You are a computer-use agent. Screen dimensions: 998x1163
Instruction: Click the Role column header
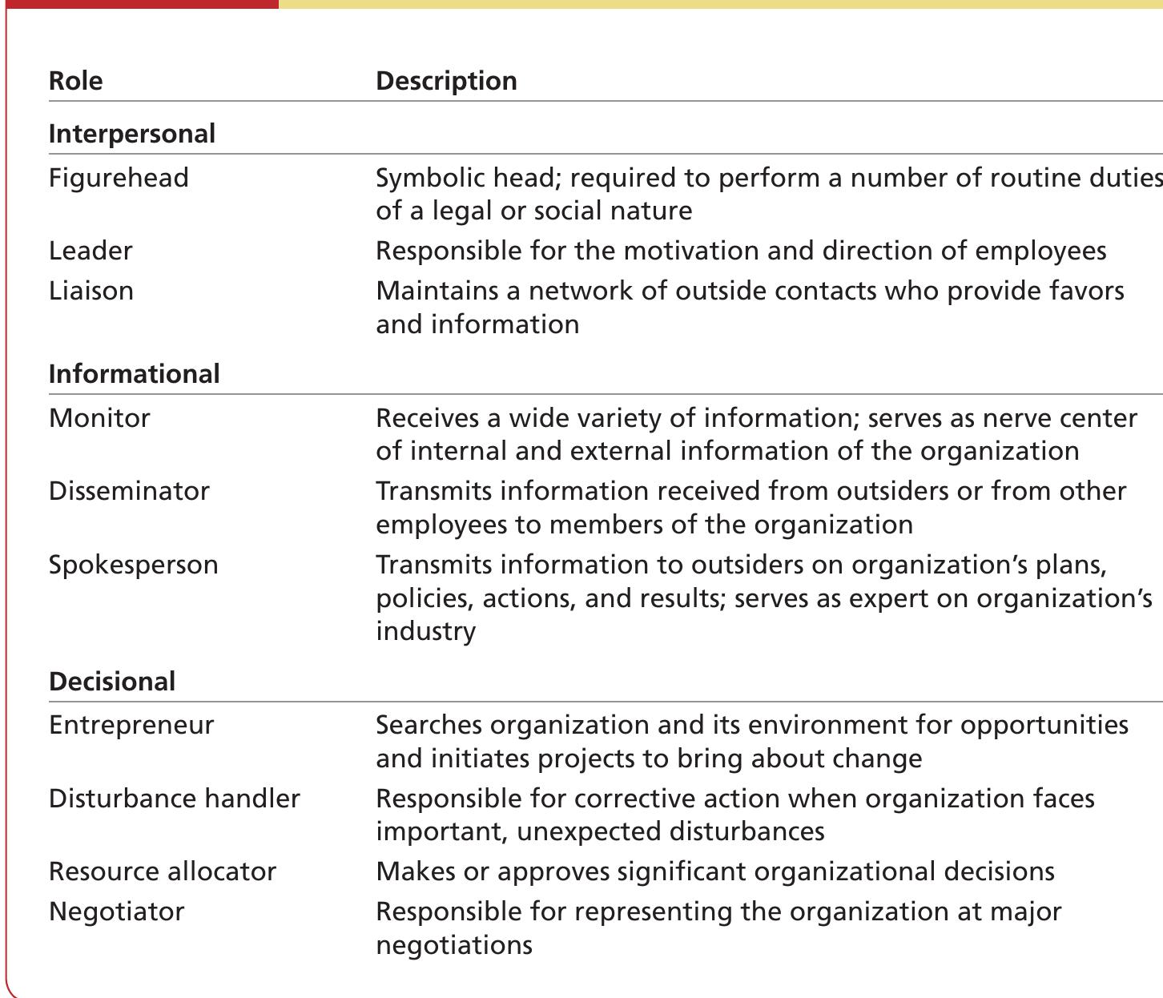point(75,81)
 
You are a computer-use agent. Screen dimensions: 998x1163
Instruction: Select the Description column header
point(446,81)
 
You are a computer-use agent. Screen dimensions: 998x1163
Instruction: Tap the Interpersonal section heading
point(131,134)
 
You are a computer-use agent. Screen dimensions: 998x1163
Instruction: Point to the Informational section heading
point(134,374)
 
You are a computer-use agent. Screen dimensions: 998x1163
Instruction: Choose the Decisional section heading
point(111,682)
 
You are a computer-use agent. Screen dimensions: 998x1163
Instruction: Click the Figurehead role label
point(119,178)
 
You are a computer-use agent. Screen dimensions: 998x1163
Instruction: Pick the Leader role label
point(91,251)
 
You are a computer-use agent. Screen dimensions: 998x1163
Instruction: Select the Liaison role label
point(91,291)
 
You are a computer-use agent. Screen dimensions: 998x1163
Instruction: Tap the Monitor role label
point(99,418)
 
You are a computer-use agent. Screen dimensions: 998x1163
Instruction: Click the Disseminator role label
point(129,491)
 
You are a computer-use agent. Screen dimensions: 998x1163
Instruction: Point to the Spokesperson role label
point(133,565)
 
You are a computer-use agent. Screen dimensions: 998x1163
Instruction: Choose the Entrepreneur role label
point(131,725)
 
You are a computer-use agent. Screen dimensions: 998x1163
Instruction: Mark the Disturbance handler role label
point(174,799)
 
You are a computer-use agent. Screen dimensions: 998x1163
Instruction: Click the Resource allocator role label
point(162,871)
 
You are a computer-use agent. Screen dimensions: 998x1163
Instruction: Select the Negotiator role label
point(116,911)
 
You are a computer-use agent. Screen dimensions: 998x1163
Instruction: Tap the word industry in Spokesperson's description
point(425,631)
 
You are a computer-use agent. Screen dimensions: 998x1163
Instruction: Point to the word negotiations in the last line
point(453,945)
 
